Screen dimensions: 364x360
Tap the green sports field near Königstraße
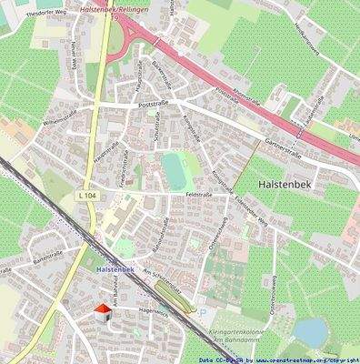click(173, 167)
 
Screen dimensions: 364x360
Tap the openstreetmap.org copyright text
click(300, 359)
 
